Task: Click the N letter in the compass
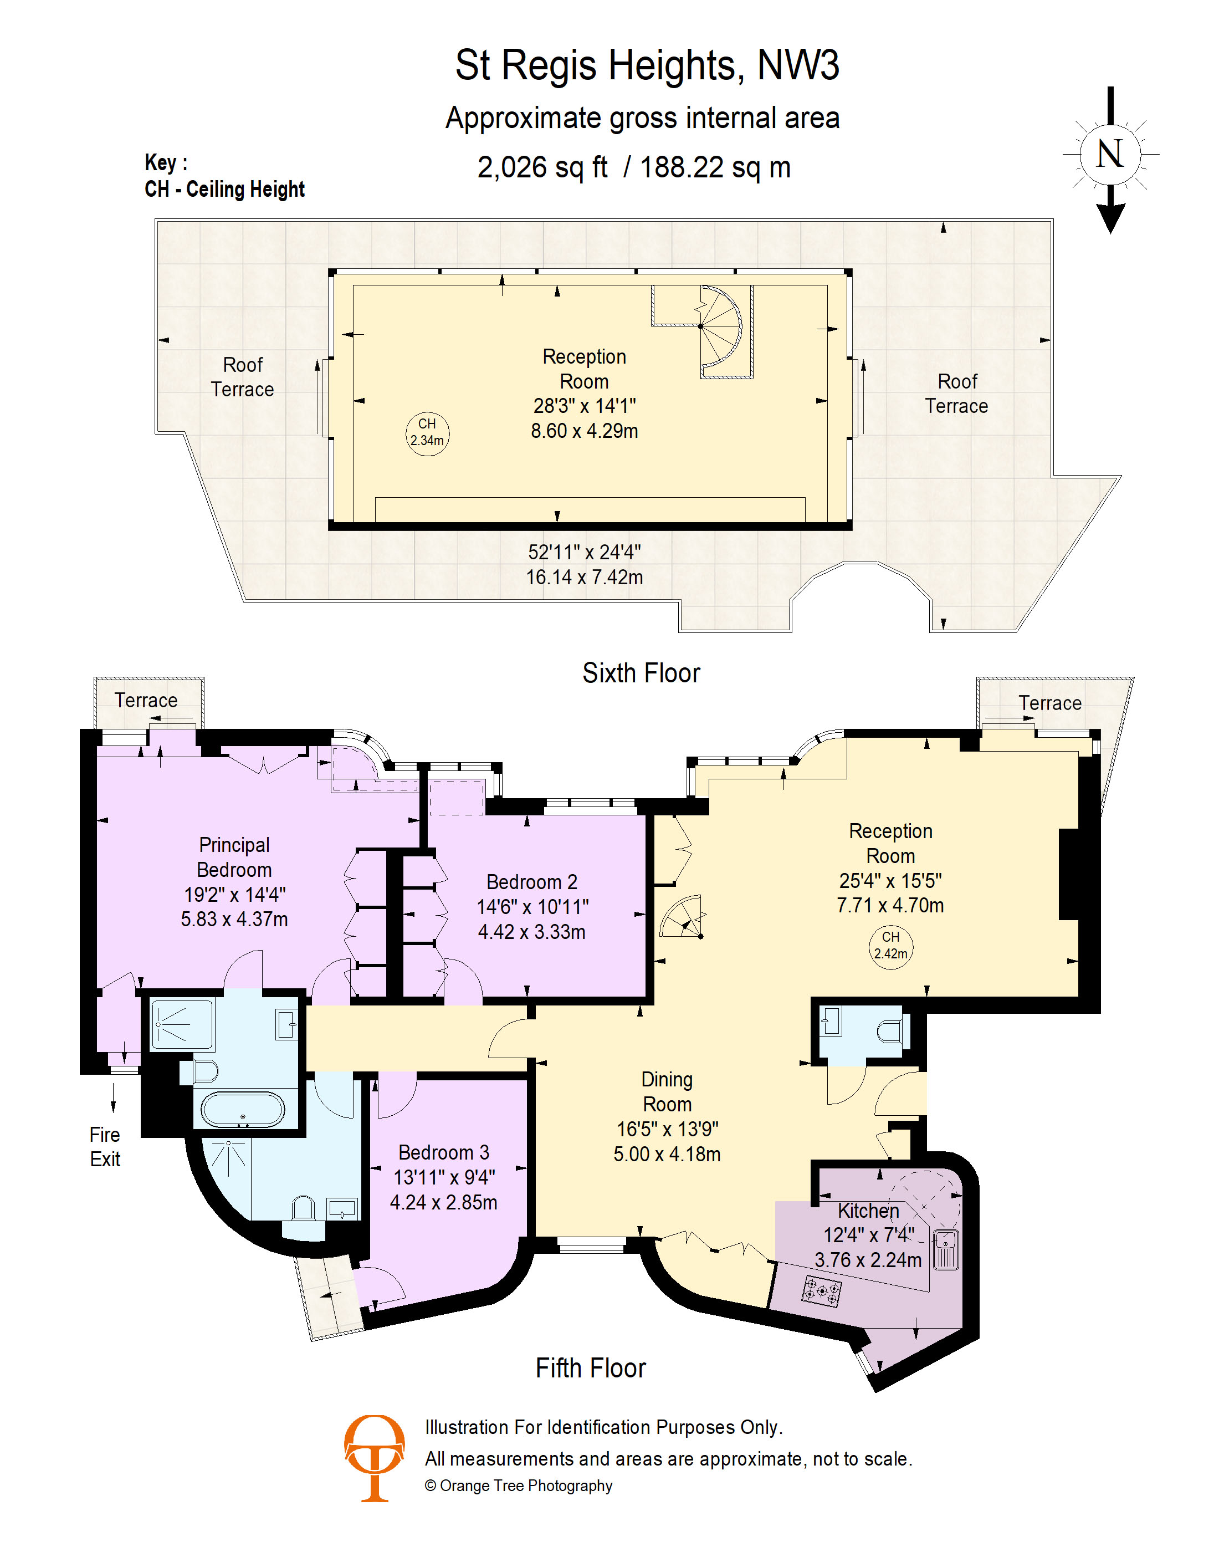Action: (1110, 154)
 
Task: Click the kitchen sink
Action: (946, 1249)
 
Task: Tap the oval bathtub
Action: (243, 1110)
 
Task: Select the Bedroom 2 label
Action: (532, 882)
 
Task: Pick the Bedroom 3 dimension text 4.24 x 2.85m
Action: (443, 1202)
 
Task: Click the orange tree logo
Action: (374, 1458)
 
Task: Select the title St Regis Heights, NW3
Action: (647, 65)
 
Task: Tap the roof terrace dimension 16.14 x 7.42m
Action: (585, 577)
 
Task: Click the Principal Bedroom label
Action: (234, 857)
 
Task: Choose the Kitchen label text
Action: (869, 1211)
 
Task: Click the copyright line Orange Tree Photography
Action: (519, 1485)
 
